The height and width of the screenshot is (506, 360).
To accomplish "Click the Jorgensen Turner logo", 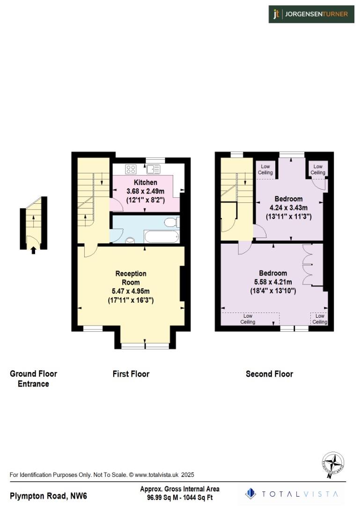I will [x=311, y=14].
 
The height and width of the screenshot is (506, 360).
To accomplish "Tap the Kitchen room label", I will [x=146, y=182].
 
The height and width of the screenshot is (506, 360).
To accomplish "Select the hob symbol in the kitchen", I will [x=131, y=169].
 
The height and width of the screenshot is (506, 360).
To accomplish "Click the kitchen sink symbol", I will [x=152, y=170].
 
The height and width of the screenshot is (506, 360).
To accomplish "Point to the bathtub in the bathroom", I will [x=161, y=236].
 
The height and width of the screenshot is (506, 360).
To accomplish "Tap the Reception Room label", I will [x=131, y=278].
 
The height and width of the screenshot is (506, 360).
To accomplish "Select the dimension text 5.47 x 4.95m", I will [x=130, y=291].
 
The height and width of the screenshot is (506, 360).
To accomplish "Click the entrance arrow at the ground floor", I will [x=33, y=250].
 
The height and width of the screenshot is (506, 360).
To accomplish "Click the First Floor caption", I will [x=131, y=374].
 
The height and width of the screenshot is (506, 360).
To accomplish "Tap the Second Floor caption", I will [x=269, y=374].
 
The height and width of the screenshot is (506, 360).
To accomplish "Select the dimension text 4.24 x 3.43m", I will [x=288, y=208].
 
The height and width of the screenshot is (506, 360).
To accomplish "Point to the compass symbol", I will [x=334, y=464].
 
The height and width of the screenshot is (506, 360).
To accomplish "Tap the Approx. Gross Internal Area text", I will [x=180, y=489].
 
